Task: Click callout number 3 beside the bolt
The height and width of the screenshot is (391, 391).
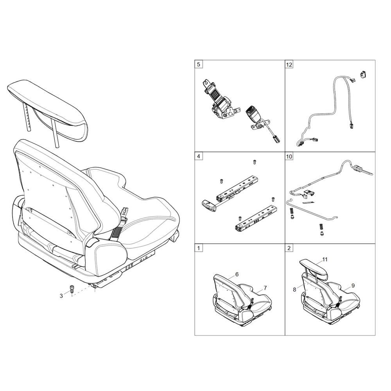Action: [61, 296]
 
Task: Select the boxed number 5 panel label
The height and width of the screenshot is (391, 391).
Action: [199, 65]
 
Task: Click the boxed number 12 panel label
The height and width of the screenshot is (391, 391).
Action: [289, 65]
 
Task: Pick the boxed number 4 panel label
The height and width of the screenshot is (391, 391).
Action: [199, 156]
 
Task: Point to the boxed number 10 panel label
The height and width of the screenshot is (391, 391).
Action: [289, 156]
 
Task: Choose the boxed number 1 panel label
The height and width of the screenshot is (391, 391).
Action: [199, 248]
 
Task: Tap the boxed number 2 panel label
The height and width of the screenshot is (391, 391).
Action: [289, 248]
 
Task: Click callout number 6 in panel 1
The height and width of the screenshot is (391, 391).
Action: [237, 274]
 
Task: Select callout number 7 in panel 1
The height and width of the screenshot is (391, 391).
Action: [265, 288]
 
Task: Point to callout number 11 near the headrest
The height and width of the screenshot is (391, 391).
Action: [325, 260]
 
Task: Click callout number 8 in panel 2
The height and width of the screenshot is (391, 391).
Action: [294, 289]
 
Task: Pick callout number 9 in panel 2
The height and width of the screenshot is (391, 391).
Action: [353, 285]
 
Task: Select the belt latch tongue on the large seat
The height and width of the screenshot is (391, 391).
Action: [124, 212]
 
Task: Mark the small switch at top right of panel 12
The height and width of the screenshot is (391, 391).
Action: [363, 74]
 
